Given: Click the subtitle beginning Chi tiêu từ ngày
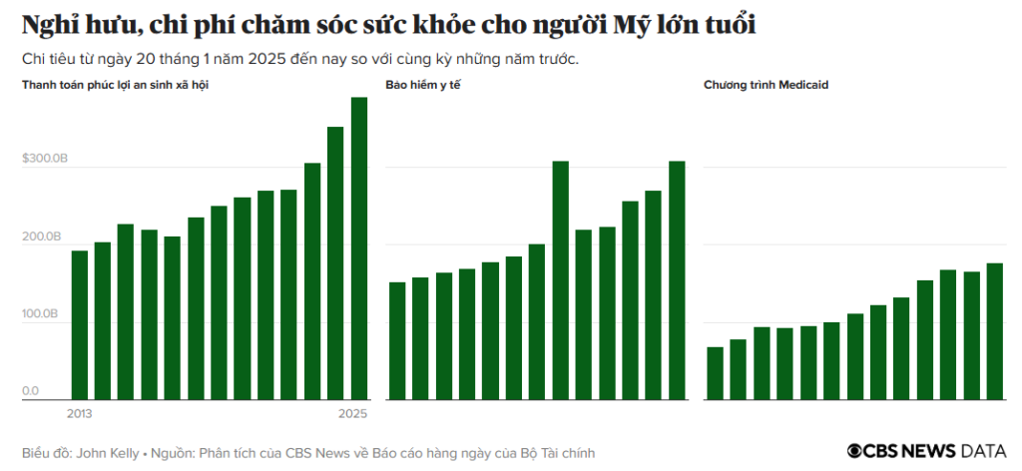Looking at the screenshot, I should click(x=299, y=58).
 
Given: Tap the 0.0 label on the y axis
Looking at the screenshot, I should click(x=31, y=391).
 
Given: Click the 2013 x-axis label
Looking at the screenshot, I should click(x=80, y=413).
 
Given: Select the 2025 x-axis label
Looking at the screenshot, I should click(x=353, y=413).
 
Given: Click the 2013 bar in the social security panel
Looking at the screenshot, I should click(x=80, y=325).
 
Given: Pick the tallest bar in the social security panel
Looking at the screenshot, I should click(x=359, y=248).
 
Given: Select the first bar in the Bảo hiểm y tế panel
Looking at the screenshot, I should click(x=397, y=341).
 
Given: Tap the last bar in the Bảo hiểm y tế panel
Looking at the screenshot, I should click(x=677, y=280).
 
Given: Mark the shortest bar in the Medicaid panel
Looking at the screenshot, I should click(x=715, y=373).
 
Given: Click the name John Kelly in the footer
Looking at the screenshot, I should click(x=108, y=452).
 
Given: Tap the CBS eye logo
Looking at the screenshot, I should click(x=856, y=451).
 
